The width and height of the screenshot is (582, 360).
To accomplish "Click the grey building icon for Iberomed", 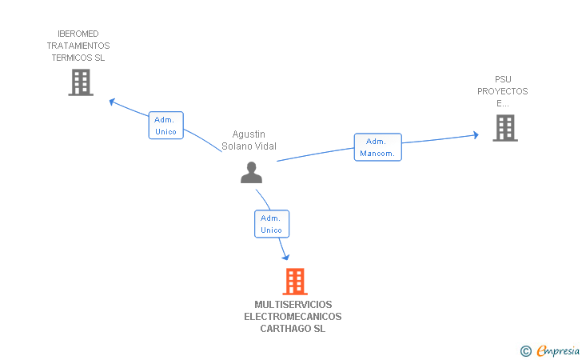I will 81,82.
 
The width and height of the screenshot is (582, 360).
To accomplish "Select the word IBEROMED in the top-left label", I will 78,34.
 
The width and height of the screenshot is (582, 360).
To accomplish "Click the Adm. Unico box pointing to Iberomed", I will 166,126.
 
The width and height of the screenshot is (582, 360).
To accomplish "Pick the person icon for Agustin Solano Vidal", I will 251,172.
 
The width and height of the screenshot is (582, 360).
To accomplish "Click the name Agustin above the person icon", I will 249,134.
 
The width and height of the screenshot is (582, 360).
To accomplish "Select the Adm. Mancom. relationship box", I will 378,147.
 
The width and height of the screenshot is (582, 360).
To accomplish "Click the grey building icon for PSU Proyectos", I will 504,128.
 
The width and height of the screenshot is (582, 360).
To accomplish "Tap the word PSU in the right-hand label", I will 503,79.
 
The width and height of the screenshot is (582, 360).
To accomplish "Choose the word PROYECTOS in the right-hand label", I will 503,91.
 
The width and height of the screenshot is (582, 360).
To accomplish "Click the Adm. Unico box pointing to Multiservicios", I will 272,224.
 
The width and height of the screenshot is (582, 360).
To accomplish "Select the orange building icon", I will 295,282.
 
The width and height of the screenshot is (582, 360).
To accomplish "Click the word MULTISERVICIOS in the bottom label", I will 293,305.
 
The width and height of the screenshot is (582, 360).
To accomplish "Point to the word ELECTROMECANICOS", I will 293,317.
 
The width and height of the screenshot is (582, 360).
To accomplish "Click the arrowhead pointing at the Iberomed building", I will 113,102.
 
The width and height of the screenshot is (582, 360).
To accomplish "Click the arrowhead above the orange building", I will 285,256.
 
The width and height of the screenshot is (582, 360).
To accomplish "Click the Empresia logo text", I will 557,350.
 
